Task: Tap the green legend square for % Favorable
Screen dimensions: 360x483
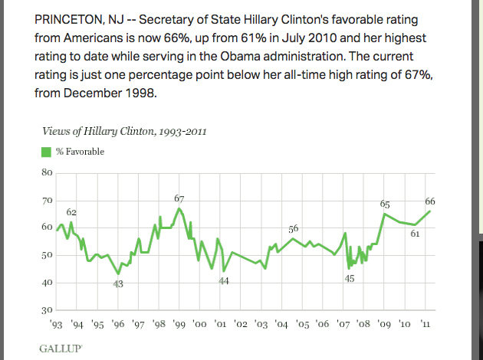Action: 45,152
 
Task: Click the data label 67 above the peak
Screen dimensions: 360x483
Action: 179,199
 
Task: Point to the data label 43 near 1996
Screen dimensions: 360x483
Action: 118,284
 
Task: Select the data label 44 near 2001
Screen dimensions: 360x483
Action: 224,282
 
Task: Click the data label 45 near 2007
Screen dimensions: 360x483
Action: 349,278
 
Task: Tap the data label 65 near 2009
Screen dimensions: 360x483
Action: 386,204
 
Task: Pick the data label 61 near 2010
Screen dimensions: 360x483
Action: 415,234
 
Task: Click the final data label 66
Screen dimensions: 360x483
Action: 430,201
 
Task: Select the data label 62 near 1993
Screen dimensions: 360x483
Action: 71,211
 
